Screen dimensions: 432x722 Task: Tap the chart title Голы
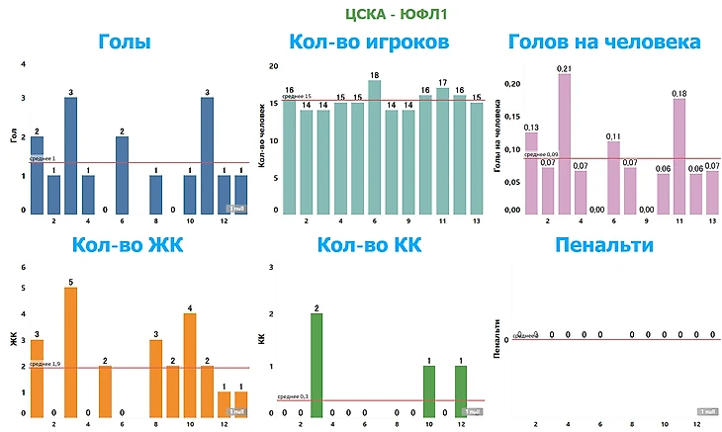coord(125,43)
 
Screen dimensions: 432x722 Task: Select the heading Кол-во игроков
coord(369,43)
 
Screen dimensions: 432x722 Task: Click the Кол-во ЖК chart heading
coord(125,245)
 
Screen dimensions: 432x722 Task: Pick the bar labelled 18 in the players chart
coord(374,147)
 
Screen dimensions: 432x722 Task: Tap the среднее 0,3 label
coord(293,395)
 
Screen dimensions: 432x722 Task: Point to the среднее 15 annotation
coord(296,97)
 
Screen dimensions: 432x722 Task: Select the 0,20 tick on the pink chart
coord(511,85)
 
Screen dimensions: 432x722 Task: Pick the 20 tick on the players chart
coord(273,65)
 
